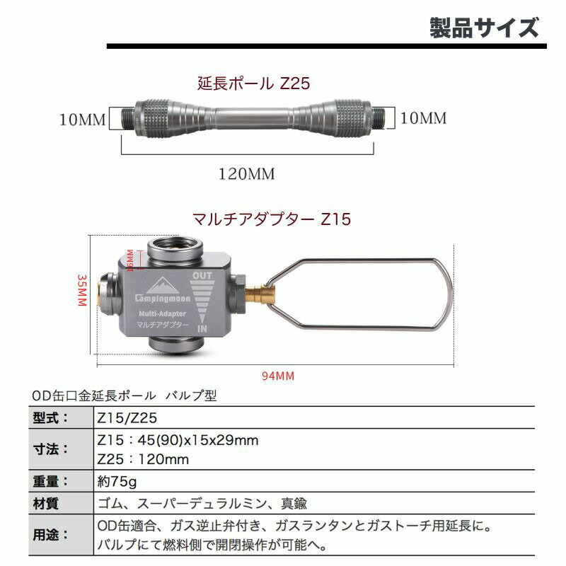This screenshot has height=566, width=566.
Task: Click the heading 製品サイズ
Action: coord(484,28)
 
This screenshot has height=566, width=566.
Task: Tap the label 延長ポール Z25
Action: coord(253,83)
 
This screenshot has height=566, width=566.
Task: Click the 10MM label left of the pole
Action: coord(82,120)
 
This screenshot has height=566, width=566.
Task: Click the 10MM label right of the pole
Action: coord(423,118)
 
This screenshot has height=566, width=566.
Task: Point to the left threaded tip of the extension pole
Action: coord(127,117)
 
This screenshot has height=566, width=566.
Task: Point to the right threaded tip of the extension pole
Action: coord(379,117)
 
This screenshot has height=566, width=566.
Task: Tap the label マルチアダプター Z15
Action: coord(272,219)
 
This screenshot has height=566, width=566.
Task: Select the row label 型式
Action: coord(51,418)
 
